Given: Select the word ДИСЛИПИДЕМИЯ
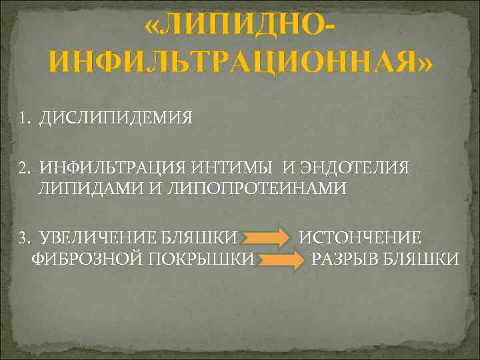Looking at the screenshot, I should point(115,119).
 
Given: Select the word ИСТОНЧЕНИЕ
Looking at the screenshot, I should point(359,237).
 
